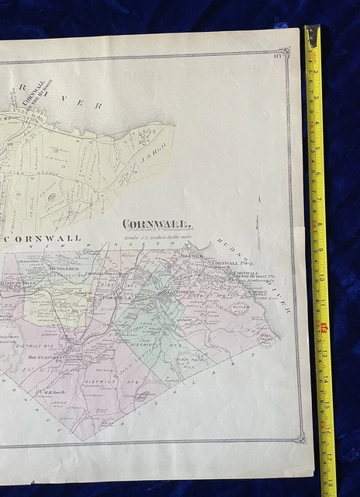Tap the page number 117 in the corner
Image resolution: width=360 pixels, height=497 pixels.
tap(279, 53)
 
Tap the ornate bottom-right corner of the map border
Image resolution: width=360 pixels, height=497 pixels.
tap(297, 440)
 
